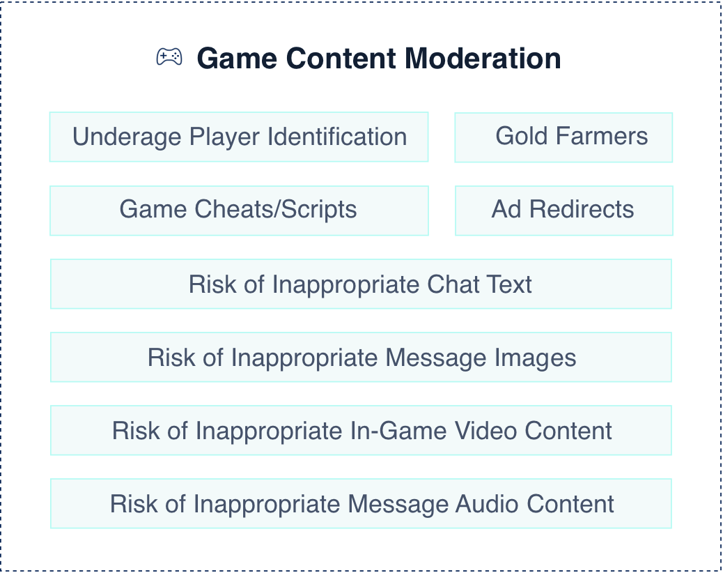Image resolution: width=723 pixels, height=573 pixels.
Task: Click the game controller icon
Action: pos(169,56)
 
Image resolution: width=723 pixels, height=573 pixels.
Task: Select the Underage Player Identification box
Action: pos(239,137)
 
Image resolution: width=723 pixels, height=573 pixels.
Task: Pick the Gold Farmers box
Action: pos(563,137)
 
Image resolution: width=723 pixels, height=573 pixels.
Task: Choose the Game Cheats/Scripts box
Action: pos(239,211)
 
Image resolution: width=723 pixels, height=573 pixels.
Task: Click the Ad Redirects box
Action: pos(564,211)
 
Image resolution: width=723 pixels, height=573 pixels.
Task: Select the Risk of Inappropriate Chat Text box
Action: pos(361,284)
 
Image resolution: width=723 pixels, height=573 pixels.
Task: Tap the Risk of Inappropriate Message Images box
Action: pos(361,357)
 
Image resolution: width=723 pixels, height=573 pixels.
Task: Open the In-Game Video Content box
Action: pos(361,430)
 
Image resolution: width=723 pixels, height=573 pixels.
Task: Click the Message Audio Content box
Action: pos(361,503)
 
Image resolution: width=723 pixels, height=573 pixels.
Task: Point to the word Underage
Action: pos(127,137)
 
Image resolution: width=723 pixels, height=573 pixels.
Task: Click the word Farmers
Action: pos(602,136)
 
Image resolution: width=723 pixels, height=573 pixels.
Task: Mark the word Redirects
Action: pos(582,209)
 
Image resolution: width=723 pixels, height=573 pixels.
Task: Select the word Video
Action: pos(486,431)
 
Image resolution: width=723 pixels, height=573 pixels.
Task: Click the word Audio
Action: pos(487,504)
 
